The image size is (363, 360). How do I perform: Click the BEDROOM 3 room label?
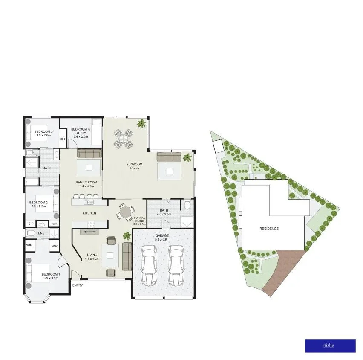click(43, 133)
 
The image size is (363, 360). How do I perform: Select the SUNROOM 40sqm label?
click(134, 166)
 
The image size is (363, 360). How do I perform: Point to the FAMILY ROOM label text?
click(87, 184)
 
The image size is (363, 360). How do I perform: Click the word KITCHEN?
click(89, 213)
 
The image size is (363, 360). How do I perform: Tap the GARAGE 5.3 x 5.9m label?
click(162, 237)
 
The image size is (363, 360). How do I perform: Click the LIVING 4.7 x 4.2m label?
click(92, 257)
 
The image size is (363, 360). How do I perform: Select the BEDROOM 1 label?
click(51, 276)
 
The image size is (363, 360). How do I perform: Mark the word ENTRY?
click(78, 285)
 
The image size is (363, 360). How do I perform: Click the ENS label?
click(41, 233)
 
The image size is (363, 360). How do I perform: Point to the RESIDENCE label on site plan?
click(269, 229)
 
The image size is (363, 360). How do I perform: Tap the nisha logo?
click(330, 346)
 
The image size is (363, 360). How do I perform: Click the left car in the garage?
click(150, 265)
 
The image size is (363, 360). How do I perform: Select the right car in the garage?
click(176, 265)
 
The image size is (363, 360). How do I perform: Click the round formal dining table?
click(126, 211)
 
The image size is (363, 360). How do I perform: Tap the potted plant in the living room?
click(127, 235)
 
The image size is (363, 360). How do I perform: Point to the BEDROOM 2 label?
click(38, 204)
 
